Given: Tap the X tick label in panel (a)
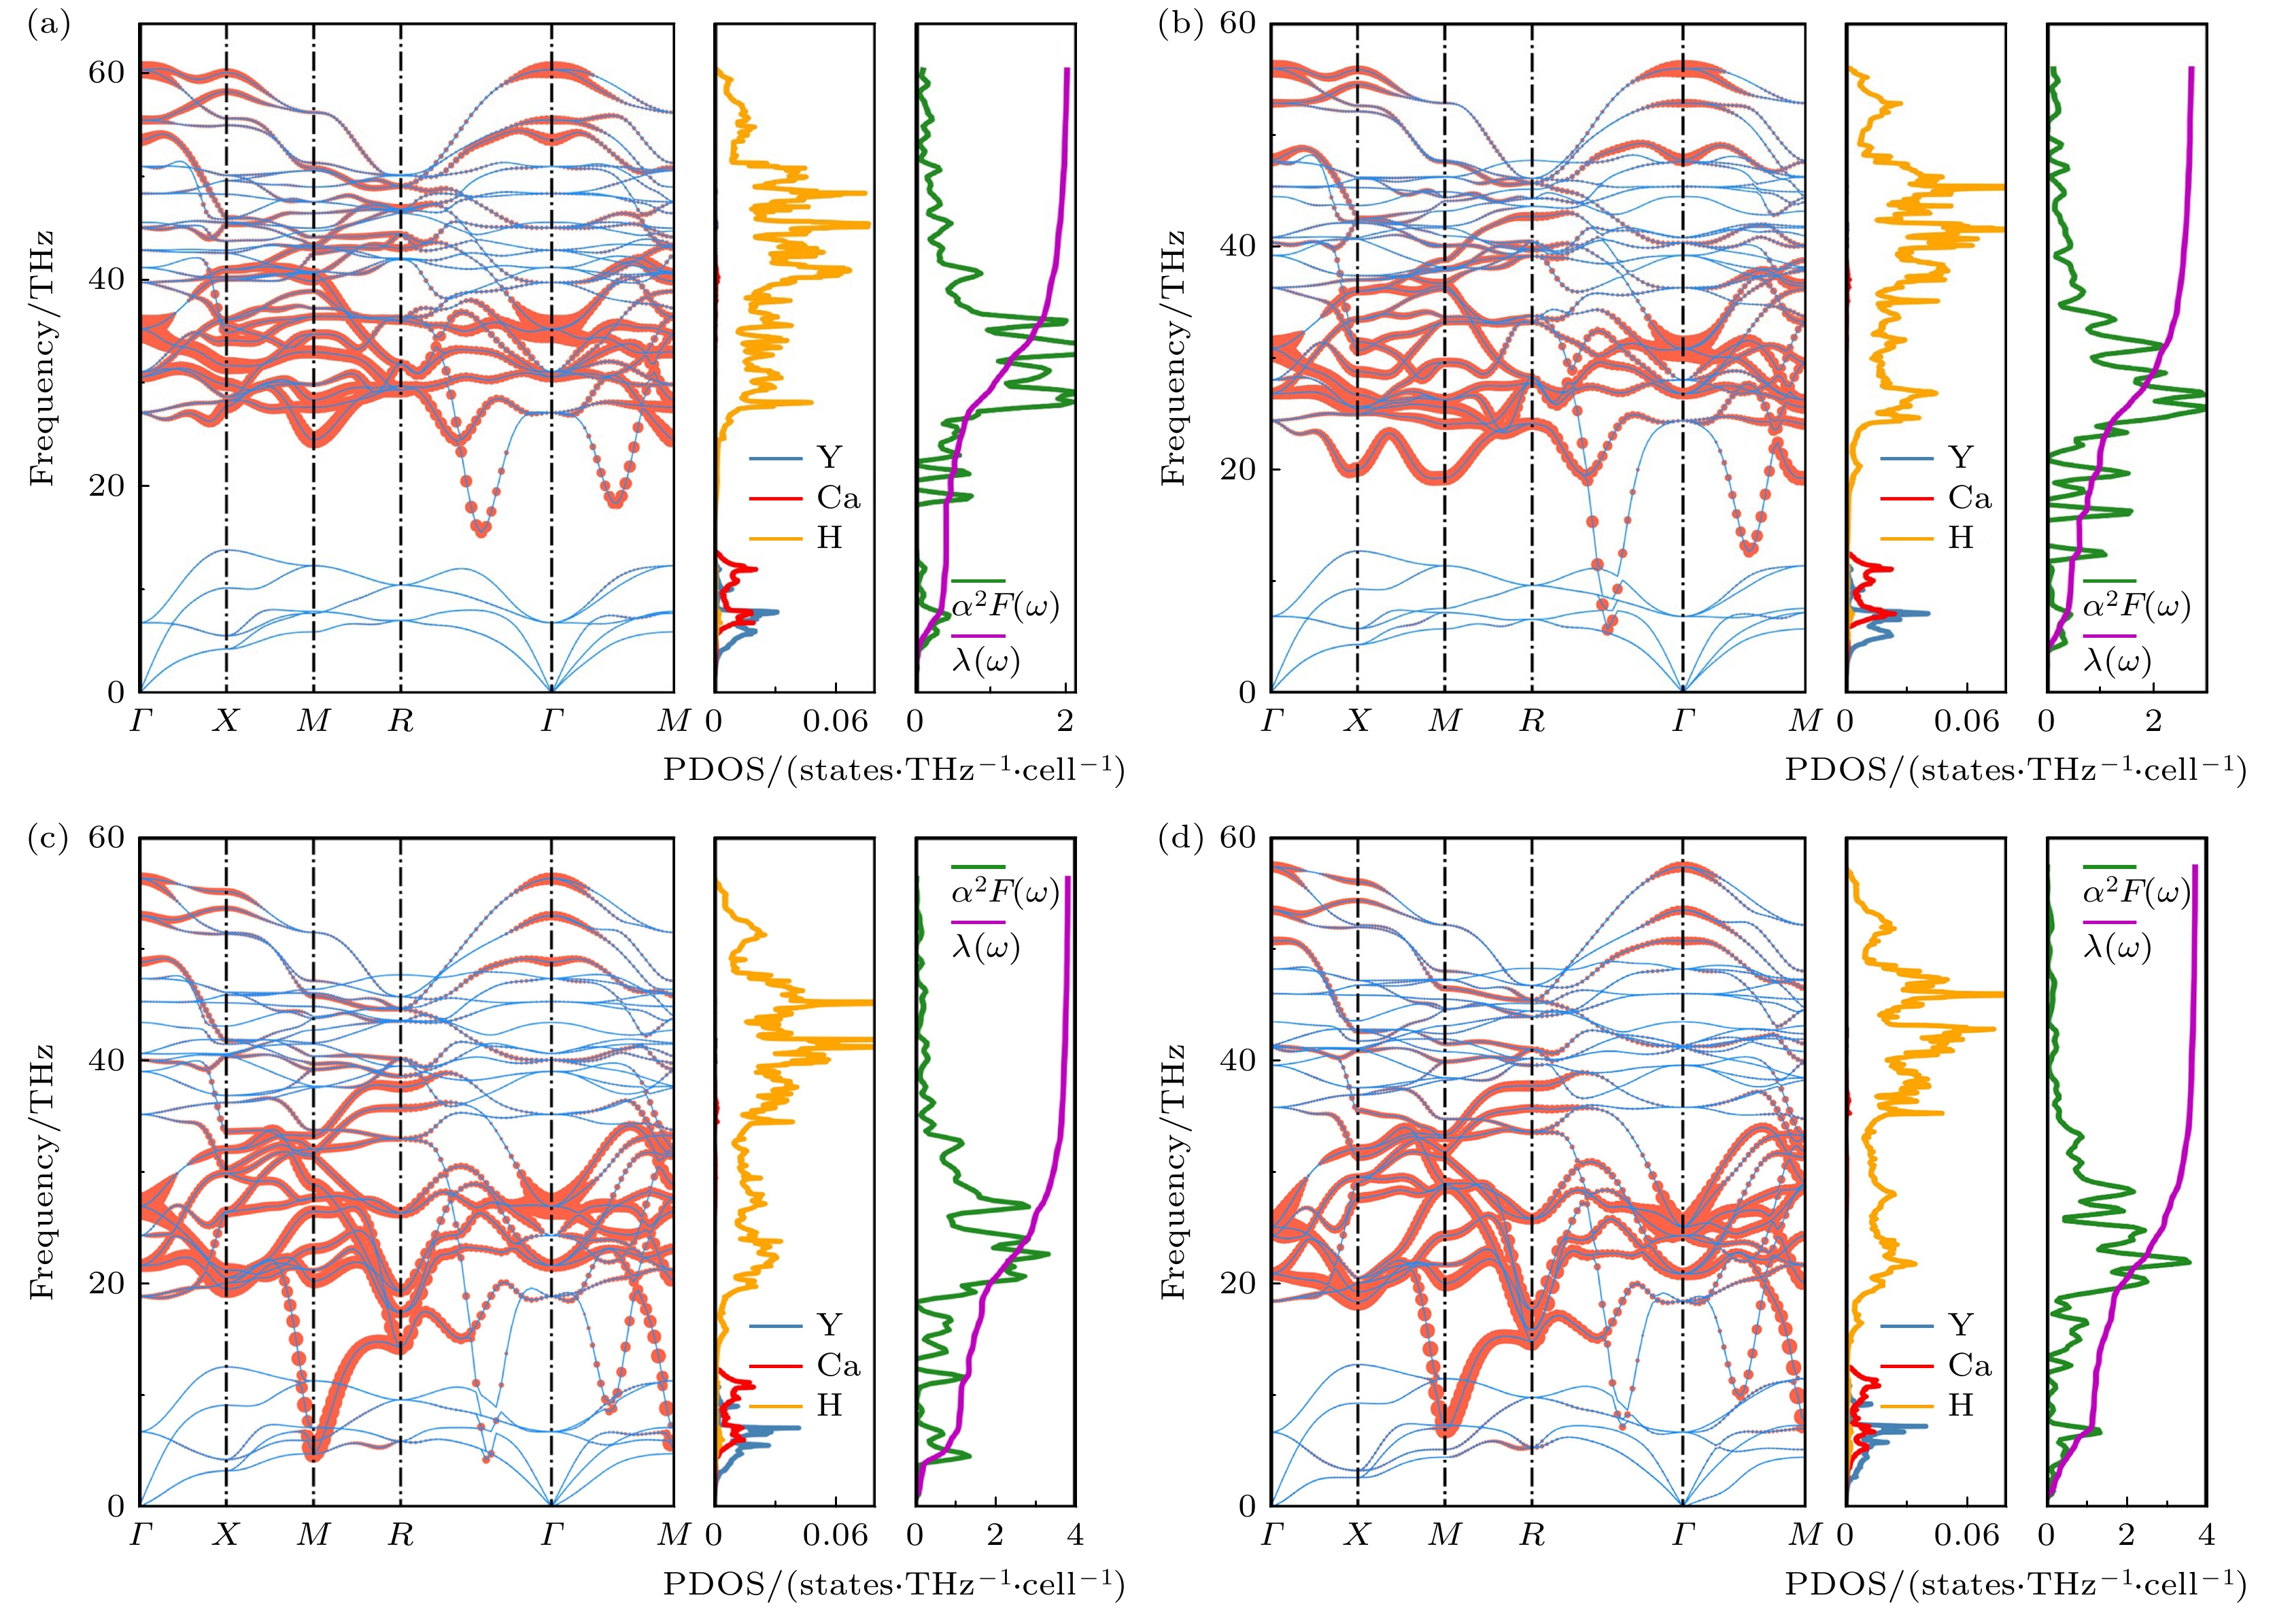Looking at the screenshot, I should [x=226, y=721].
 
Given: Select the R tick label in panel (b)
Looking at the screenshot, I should [x=1533, y=721].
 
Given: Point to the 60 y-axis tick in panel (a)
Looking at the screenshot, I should [x=105, y=73].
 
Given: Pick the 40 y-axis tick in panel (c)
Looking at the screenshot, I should [x=105, y=1059].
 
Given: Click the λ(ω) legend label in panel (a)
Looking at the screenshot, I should [x=986, y=660].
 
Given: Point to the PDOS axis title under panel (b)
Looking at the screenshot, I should [x=2015, y=770].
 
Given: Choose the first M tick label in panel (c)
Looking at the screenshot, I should [x=313, y=1535].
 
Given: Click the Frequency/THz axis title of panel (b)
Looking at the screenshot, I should [x=1174, y=358].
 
